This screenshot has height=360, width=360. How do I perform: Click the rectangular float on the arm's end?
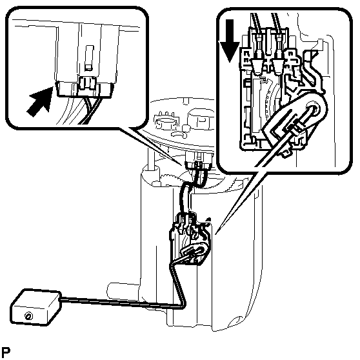coord(36,307)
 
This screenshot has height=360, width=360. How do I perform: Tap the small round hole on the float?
coord(28,316)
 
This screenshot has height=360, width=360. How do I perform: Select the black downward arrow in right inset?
coord(230,41)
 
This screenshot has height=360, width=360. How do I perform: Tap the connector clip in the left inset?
coord(87,84)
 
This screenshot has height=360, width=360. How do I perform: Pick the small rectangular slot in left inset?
coord(89,57)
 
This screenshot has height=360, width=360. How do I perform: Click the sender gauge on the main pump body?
coord(190,239)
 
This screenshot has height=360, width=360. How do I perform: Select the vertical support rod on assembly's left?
coord(150,159)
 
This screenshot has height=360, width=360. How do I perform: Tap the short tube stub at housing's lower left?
coord(124,290)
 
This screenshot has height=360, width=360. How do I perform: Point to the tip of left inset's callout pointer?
coord(182,165)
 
